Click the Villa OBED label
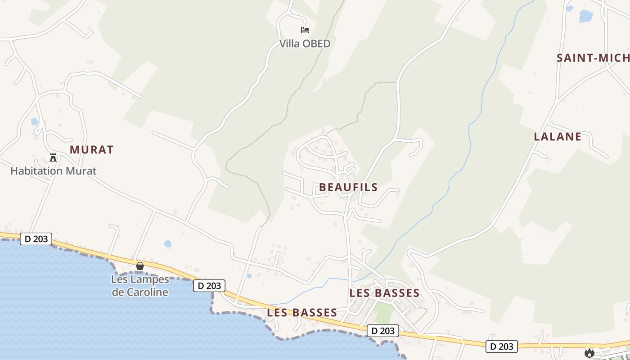coord(305,44)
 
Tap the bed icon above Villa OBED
coord(305,30)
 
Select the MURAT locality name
coord(92,150)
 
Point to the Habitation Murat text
coord(53,171)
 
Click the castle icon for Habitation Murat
coord(53,157)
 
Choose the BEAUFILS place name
coord(348,188)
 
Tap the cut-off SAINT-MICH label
coord(593,58)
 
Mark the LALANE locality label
coord(558,137)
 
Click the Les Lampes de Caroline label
coord(139,286)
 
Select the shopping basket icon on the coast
coord(140,266)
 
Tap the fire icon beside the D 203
coord(589,353)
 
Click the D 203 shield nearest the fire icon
coord(502,346)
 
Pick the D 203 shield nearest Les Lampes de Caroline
coord(209,285)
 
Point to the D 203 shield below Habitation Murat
coord(36,239)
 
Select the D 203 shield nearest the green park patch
coord(383,331)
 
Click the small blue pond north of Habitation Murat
coord(35,121)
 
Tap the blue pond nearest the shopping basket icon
coord(167,244)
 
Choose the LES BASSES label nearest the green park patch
coord(384,293)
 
